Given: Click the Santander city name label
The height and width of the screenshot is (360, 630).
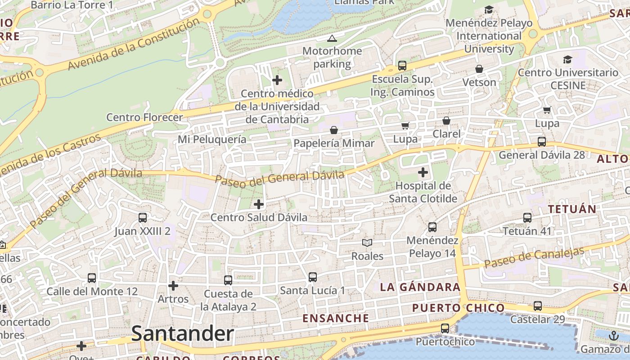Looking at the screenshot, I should (x=182, y=334).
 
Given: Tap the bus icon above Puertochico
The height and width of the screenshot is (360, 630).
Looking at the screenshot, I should (x=445, y=328).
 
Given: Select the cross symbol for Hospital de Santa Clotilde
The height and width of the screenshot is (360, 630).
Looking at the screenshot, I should (x=423, y=172).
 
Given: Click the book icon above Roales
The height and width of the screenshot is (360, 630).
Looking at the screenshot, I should (x=367, y=243).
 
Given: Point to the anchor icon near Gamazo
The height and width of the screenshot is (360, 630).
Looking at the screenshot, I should (x=614, y=336).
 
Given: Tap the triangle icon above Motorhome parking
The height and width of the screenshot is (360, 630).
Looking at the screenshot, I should (x=332, y=38).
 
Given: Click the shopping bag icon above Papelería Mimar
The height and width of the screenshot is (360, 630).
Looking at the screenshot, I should (x=334, y=130).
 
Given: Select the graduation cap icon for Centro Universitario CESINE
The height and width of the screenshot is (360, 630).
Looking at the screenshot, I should (x=568, y=59).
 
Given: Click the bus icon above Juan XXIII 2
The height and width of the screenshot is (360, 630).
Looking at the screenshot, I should (x=143, y=218).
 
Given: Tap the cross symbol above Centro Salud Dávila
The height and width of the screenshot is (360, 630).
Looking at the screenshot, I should (x=259, y=204).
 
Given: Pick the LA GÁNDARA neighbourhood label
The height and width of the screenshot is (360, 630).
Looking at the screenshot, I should (x=420, y=287).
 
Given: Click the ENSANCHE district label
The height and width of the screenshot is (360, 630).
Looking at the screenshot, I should (x=336, y=318).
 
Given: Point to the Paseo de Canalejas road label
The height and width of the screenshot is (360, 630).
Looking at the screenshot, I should (x=534, y=258).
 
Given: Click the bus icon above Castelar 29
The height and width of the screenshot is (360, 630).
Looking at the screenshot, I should (x=537, y=306).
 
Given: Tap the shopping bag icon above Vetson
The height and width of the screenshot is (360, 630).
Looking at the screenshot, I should (x=479, y=69).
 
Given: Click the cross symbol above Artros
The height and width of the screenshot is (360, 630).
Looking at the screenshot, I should (x=173, y=286).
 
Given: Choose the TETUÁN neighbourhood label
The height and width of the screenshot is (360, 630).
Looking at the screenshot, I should (x=572, y=209).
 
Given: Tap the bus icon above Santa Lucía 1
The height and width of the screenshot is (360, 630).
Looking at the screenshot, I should (x=313, y=277).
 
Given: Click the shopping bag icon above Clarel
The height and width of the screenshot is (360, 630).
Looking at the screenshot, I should (x=446, y=121).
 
